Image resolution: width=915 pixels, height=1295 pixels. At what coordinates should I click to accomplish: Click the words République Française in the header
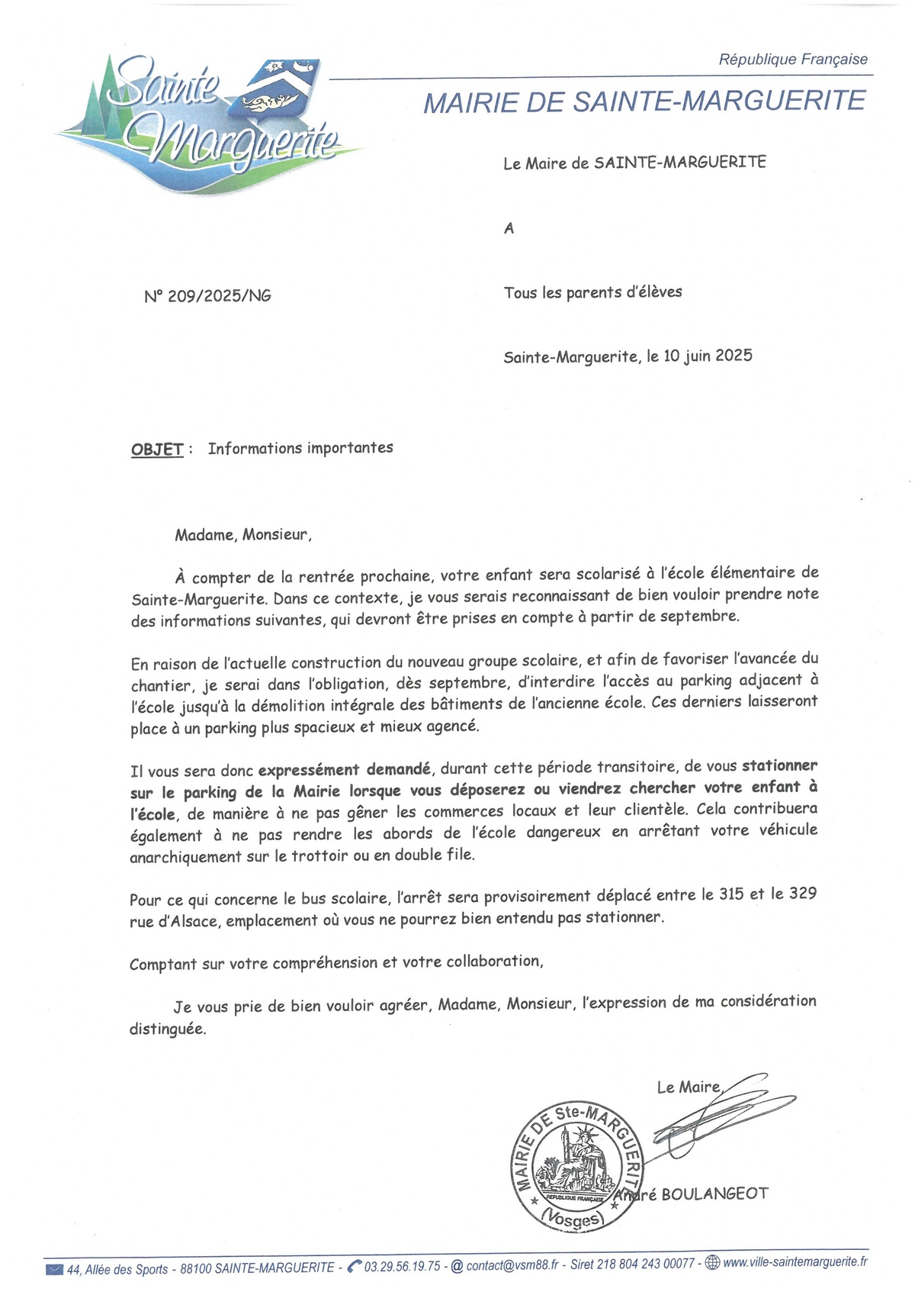tap(793, 60)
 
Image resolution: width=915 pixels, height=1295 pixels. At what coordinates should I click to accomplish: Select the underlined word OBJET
tap(157, 449)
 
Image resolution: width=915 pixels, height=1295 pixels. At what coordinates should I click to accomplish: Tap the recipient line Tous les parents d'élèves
tap(592, 292)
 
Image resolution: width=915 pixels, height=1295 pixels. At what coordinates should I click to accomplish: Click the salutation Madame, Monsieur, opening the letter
tap(243, 534)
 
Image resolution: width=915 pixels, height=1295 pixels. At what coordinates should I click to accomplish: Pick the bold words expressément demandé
tap(344, 769)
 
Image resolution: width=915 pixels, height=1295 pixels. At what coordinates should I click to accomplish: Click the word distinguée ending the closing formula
tap(168, 1029)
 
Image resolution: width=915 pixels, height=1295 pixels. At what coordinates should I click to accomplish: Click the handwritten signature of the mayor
tap(717, 1114)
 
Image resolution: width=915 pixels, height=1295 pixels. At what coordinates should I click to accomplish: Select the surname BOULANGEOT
tap(715, 1194)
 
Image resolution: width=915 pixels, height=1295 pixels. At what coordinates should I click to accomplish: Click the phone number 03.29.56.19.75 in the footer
tap(402, 1267)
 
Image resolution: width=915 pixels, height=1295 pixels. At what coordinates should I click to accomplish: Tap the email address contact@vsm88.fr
tap(512, 1265)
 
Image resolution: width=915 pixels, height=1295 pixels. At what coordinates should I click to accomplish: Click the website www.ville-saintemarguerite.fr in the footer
tap(795, 1262)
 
